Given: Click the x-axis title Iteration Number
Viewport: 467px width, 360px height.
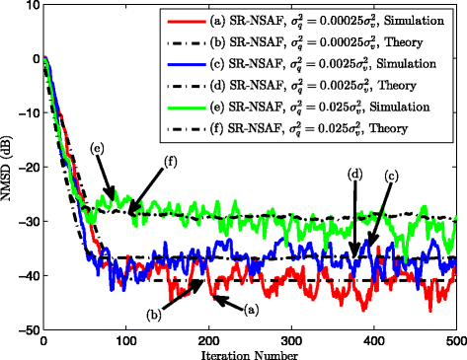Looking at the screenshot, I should pyautogui.click(x=249, y=352).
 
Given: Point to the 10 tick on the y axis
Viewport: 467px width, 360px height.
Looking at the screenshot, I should pyautogui.click(x=30, y=6).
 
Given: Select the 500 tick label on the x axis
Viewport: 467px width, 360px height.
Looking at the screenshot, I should pyautogui.click(x=454, y=338).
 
